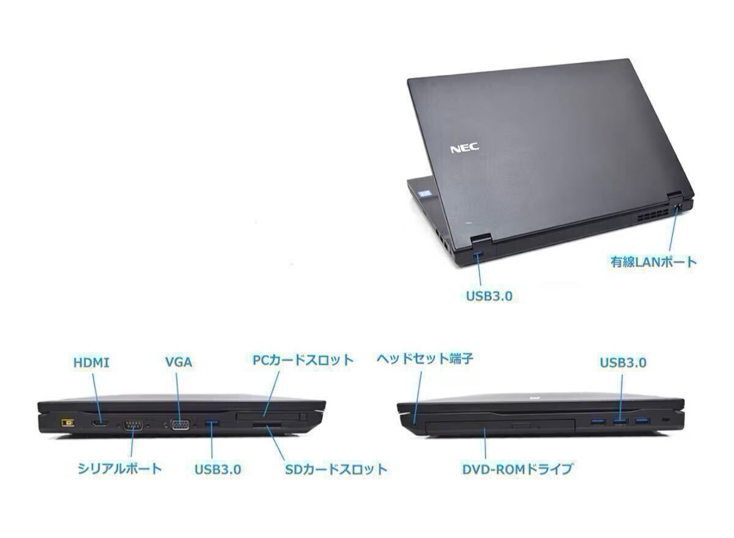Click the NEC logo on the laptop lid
pos(465,148)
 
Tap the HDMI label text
pos(91,363)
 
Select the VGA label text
pos(178,363)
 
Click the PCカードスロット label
pos(303,359)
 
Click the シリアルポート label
pos(120,468)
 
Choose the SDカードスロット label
pos(336,469)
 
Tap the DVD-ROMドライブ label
pos(517,469)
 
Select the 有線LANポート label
pos(653,262)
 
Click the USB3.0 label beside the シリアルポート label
pos(218,469)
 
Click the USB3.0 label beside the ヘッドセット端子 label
pos(623,363)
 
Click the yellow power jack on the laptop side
pos(63,422)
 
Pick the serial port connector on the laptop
pos(133,424)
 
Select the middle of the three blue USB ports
pos(619,421)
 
